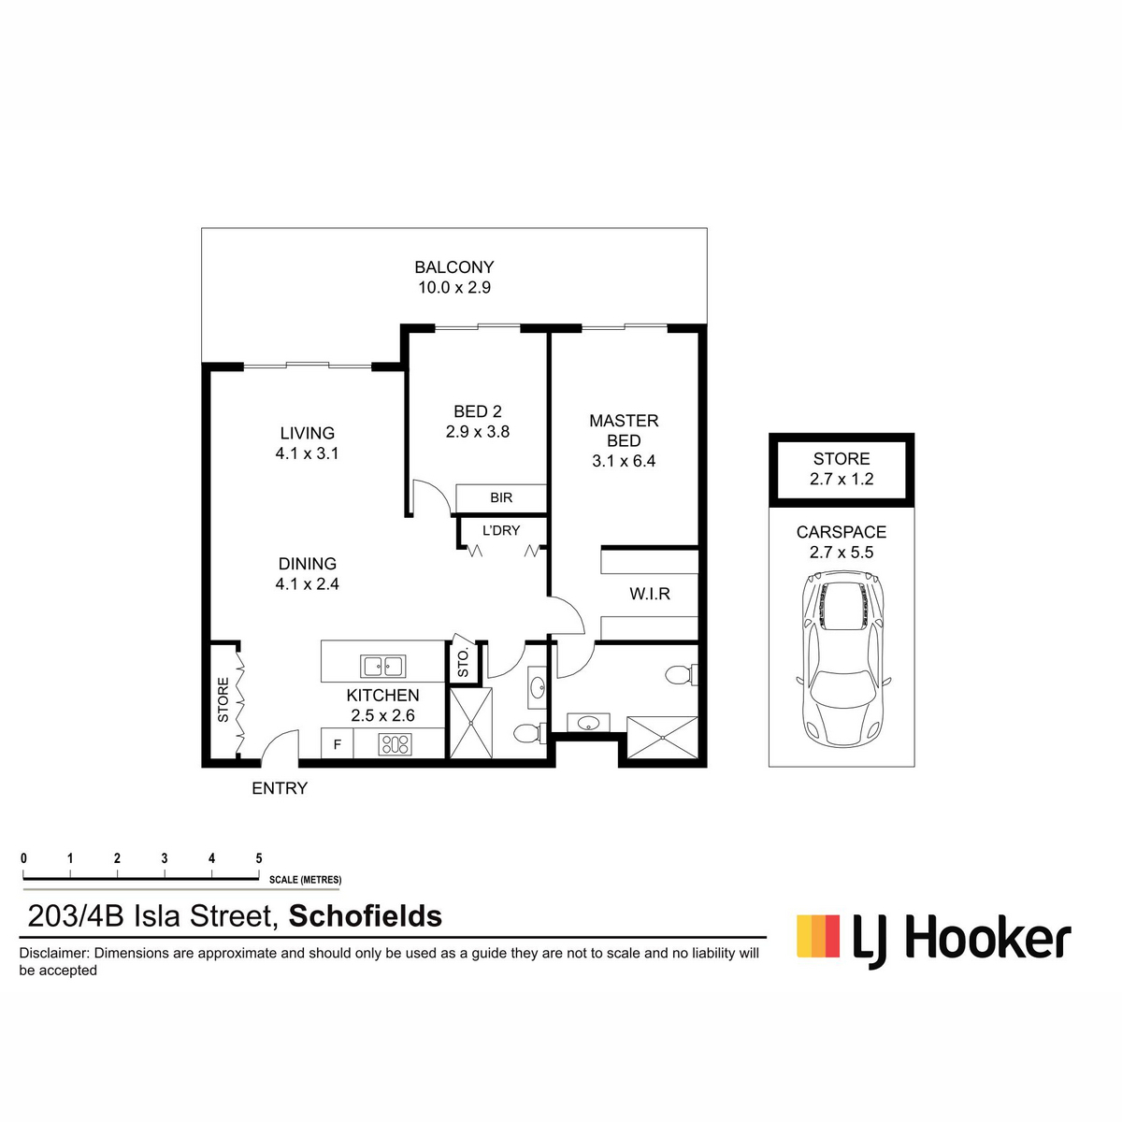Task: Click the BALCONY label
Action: point(453,267)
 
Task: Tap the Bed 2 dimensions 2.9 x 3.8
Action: point(478,431)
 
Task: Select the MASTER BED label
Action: point(624,430)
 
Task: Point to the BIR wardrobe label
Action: point(501,497)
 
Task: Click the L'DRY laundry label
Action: point(501,530)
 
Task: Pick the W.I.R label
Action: point(650,594)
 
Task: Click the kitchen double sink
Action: point(383,666)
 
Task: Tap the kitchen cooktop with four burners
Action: point(396,744)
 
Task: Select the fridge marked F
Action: point(338,744)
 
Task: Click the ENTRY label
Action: point(280,788)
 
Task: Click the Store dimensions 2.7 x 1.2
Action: point(841,479)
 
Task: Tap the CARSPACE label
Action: point(841,532)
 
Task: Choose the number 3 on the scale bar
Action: point(165,858)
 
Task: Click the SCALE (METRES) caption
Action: point(305,880)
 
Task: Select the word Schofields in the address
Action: point(366,916)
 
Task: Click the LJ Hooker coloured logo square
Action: point(818,936)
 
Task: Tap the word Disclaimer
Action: point(54,953)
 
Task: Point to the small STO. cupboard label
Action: point(464,663)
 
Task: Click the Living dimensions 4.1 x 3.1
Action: point(307,453)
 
